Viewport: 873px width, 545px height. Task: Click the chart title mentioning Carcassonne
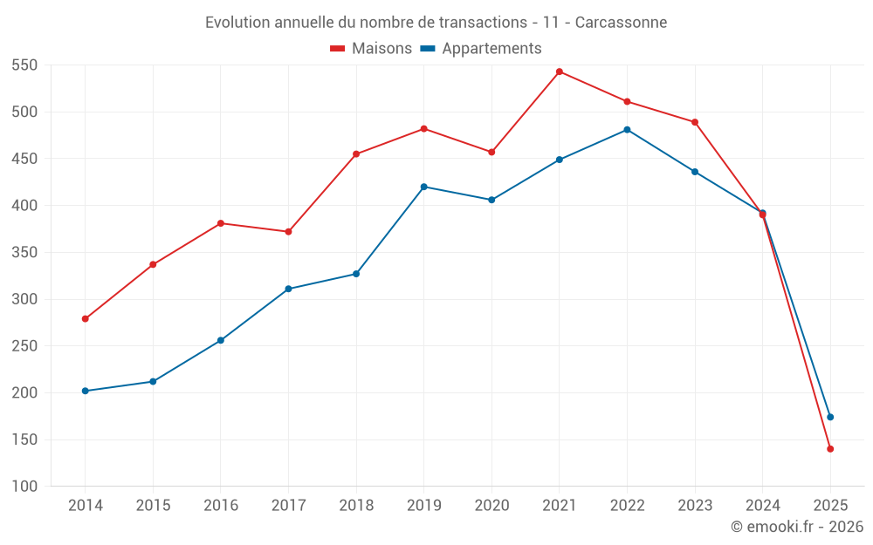click(436, 22)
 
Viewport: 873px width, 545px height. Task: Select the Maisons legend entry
click(371, 49)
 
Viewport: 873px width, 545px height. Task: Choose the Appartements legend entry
click(481, 49)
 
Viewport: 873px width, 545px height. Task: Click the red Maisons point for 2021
click(560, 72)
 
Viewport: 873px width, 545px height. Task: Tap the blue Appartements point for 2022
click(627, 130)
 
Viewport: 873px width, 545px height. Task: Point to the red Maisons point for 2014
click(86, 319)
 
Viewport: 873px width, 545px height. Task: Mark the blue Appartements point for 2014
click(86, 391)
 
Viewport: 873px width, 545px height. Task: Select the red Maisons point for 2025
click(830, 449)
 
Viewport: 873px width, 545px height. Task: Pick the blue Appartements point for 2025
click(830, 417)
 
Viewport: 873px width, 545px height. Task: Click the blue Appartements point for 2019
click(424, 187)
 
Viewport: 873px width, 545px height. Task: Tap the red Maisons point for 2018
click(356, 154)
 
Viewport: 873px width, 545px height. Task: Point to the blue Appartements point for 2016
click(221, 340)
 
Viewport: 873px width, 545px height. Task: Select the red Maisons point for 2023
click(695, 122)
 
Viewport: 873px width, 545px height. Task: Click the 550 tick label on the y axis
click(24, 65)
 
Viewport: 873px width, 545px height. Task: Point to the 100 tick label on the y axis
click(24, 487)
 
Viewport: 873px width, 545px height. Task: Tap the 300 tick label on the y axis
click(24, 299)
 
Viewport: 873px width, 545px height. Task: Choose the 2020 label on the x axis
click(491, 506)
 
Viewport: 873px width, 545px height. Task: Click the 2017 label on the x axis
click(288, 506)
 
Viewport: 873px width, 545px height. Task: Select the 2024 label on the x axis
click(762, 506)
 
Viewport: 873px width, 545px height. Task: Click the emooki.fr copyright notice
click(797, 527)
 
